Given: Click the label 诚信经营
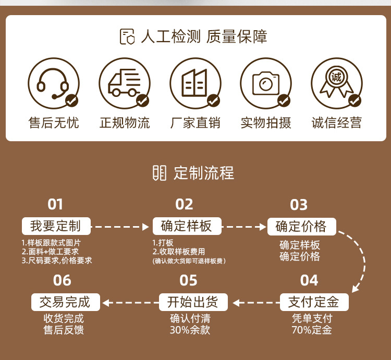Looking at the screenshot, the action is pos(336,123).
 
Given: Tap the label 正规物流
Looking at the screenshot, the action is pos(124,123).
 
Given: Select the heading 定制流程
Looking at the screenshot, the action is pos(203,173).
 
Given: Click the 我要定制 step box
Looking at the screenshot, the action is pos(56,226).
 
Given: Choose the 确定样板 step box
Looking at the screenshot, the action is pos(187,226).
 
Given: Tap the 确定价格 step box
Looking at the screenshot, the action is pos(301,226).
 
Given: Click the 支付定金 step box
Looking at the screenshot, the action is pos(314,302).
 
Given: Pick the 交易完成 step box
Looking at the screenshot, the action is pos(65,302).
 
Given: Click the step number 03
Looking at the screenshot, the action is pos(299,205).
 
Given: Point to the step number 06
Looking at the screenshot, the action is pos(62,280).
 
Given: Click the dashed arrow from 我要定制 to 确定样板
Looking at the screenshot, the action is pos(120,227).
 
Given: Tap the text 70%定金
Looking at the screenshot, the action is pos(312,330).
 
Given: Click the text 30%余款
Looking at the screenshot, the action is pos(190,330).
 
